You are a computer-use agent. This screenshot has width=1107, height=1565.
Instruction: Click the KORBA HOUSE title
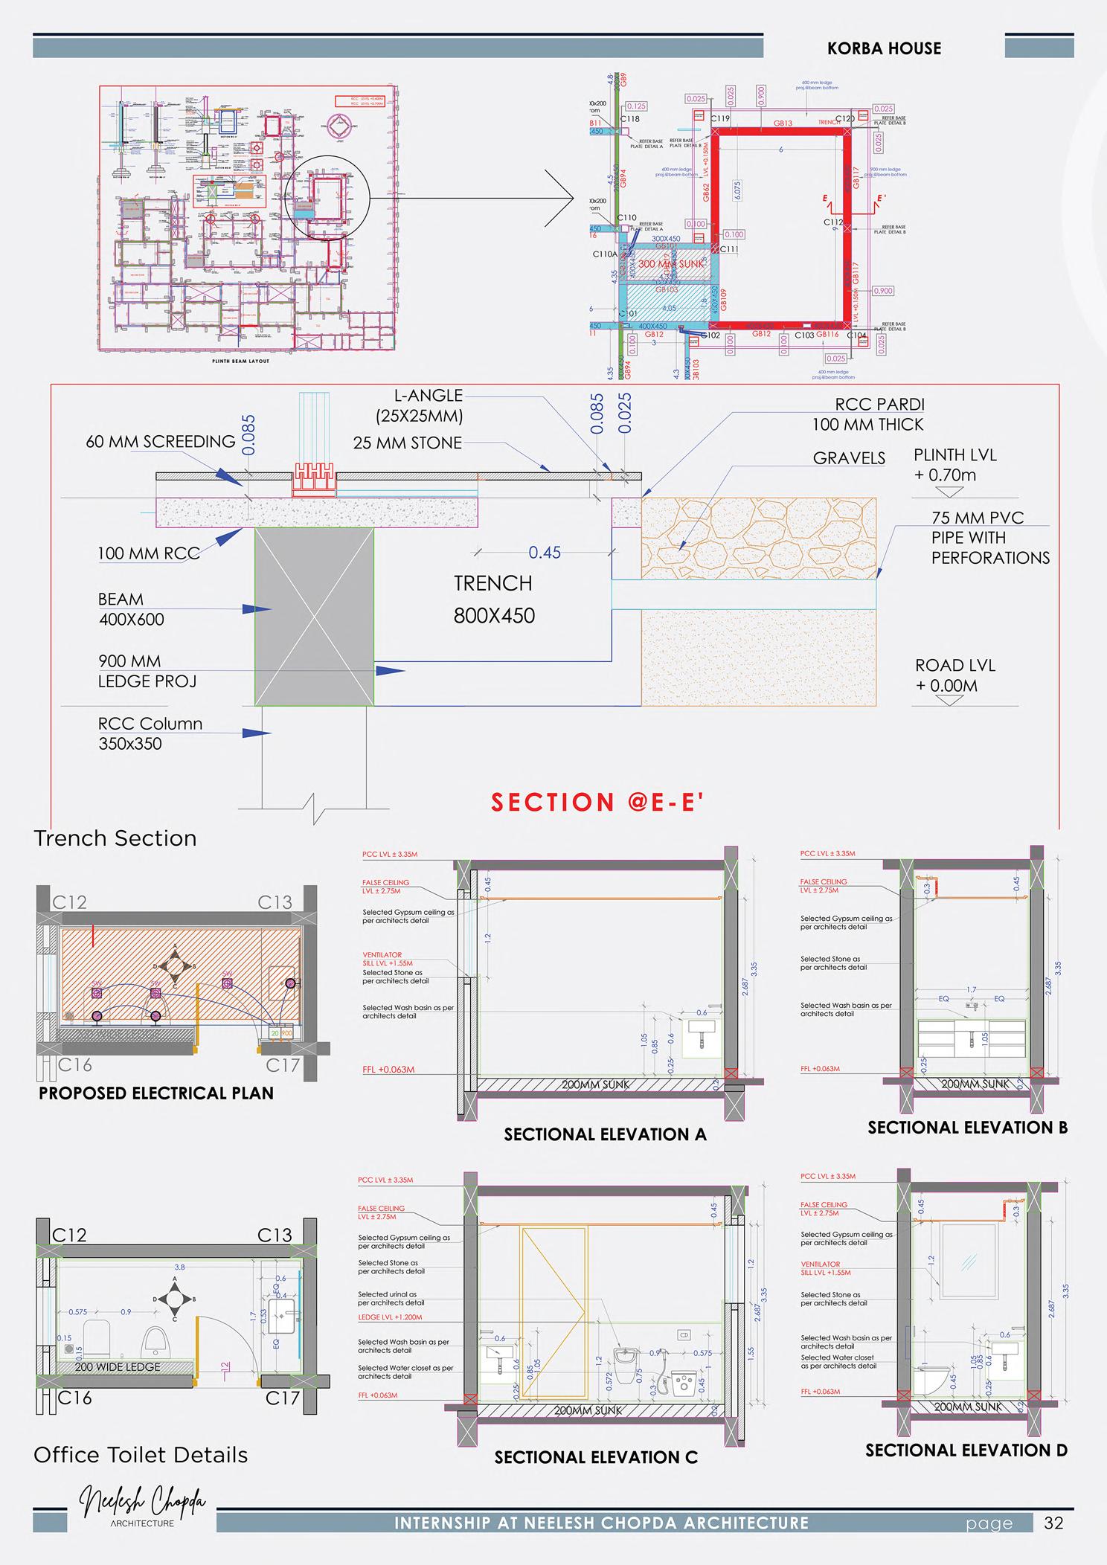(x=884, y=48)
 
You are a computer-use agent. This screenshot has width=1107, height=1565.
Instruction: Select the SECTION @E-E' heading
(x=597, y=802)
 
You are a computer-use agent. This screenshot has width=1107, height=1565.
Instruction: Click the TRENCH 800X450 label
(x=494, y=599)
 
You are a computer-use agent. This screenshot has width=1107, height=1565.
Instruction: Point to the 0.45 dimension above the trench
(x=545, y=553)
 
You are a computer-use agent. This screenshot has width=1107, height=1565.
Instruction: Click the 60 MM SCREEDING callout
(x=161, y=442)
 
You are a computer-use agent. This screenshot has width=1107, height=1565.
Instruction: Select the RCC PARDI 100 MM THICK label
(x=868, y=414)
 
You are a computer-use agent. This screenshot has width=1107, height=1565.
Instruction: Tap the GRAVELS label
(x=849, y=458)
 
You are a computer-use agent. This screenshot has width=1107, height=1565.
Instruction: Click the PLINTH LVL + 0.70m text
(x=954, y=465)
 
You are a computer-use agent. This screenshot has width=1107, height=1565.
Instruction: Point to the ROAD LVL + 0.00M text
(x=954, y=675)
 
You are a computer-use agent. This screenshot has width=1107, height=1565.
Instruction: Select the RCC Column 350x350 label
(x=150, y=733)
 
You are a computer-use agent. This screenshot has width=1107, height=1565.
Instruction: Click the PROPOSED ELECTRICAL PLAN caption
(x=156, y=1093)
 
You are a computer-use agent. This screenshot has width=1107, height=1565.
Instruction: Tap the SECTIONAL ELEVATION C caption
(x=596, y=1457)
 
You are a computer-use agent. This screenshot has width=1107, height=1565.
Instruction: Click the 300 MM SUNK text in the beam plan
(x=670, y=264)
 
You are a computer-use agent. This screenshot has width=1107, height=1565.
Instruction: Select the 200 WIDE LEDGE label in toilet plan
(x=118, y=1366)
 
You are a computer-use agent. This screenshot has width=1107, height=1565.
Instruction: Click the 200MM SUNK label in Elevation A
(x=596, y=1084)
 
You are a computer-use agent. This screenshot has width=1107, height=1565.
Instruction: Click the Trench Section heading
(x=115, y=838)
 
